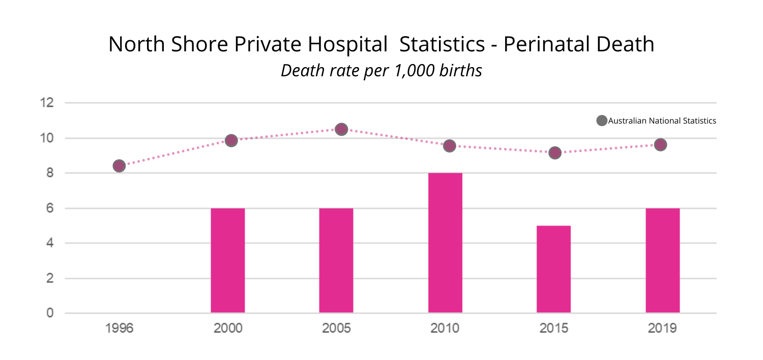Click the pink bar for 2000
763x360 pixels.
pyautogui.click(x=228, y=260)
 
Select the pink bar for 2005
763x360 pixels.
pyautogui.click(x=336, y=260)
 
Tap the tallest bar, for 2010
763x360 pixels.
pyautogui.click(x=445, y=243)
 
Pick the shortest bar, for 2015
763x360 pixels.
pyautogui.click(x=553, y=269)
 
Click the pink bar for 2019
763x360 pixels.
pyautogui.click(x=662, y=260)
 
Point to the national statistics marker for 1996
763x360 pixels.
pyautogui.click(x=119, y=166)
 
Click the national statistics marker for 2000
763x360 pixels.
pyautogui.click(x=231, y=140)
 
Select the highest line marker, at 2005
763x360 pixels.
pyautogui.click(x=341, y=129)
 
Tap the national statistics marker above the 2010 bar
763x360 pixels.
pyautogui.click(x=449, y=146)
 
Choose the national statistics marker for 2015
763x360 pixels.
pyautogui.click(x=555, y=153)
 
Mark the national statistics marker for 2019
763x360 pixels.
pyautogui.click(x=660, y=145)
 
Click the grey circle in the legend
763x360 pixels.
pyautogui.click(x=602, y=121)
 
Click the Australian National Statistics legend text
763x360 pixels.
pyautogui.click(x=662, y=121)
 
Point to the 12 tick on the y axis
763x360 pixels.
pyautogui.click(x=47, y=103)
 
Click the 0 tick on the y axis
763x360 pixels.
pyautogui.click(x=50, y=313)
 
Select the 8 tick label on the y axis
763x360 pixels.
pyautogui.click(x=50, y=173)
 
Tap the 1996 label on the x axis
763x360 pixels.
pyautogui.click(x=119, y=328)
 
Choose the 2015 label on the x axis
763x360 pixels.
pyautogui.click(x=553, y=328)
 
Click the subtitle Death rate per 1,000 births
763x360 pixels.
pyautogui.click(x=382, y=71)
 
